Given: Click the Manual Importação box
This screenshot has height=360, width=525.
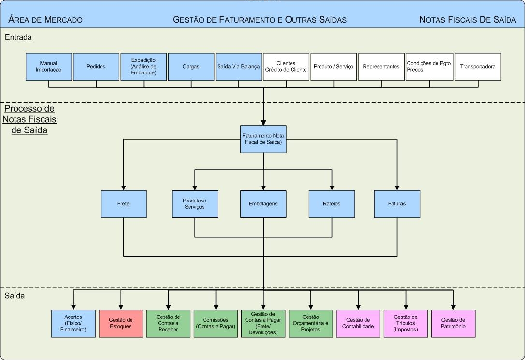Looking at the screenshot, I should (x=48, y=67).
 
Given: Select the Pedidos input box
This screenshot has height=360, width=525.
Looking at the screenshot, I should (x=96, y=67).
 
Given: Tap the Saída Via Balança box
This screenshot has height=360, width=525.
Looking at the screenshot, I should (x=239, y=67).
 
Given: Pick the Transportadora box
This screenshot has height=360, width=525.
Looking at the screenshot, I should (x=478, y=67).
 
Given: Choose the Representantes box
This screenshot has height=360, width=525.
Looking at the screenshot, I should (x=381, y=67).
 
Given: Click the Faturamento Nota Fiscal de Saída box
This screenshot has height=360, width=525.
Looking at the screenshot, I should (x=263, y=139).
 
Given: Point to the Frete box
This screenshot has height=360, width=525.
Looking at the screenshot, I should (x=123, y=204).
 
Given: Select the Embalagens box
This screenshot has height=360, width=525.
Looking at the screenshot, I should (x=263, y=204).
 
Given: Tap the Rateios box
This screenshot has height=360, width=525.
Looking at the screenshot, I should (x=332, y=204).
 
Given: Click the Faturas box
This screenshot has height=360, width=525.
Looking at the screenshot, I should (x=397, y=204).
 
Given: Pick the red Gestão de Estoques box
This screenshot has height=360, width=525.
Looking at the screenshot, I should (x=121, y=323).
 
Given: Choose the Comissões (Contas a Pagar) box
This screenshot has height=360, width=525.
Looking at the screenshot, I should (x=216, y=323).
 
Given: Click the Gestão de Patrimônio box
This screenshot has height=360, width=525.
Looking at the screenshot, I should (x=453, y=323).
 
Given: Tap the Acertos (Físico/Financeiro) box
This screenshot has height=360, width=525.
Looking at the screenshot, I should (x=73, y=323).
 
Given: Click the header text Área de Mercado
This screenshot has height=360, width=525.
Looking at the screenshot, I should (x=45, y=20).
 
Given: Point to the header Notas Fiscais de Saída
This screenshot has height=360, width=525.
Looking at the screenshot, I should (x=467, y=20).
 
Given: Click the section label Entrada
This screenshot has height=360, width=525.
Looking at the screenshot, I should (x=18, y=37).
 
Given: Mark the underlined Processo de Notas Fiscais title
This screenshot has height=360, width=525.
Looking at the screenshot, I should (x=29, y=119).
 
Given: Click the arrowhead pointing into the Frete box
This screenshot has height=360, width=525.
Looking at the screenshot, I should (x=123, y=187).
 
